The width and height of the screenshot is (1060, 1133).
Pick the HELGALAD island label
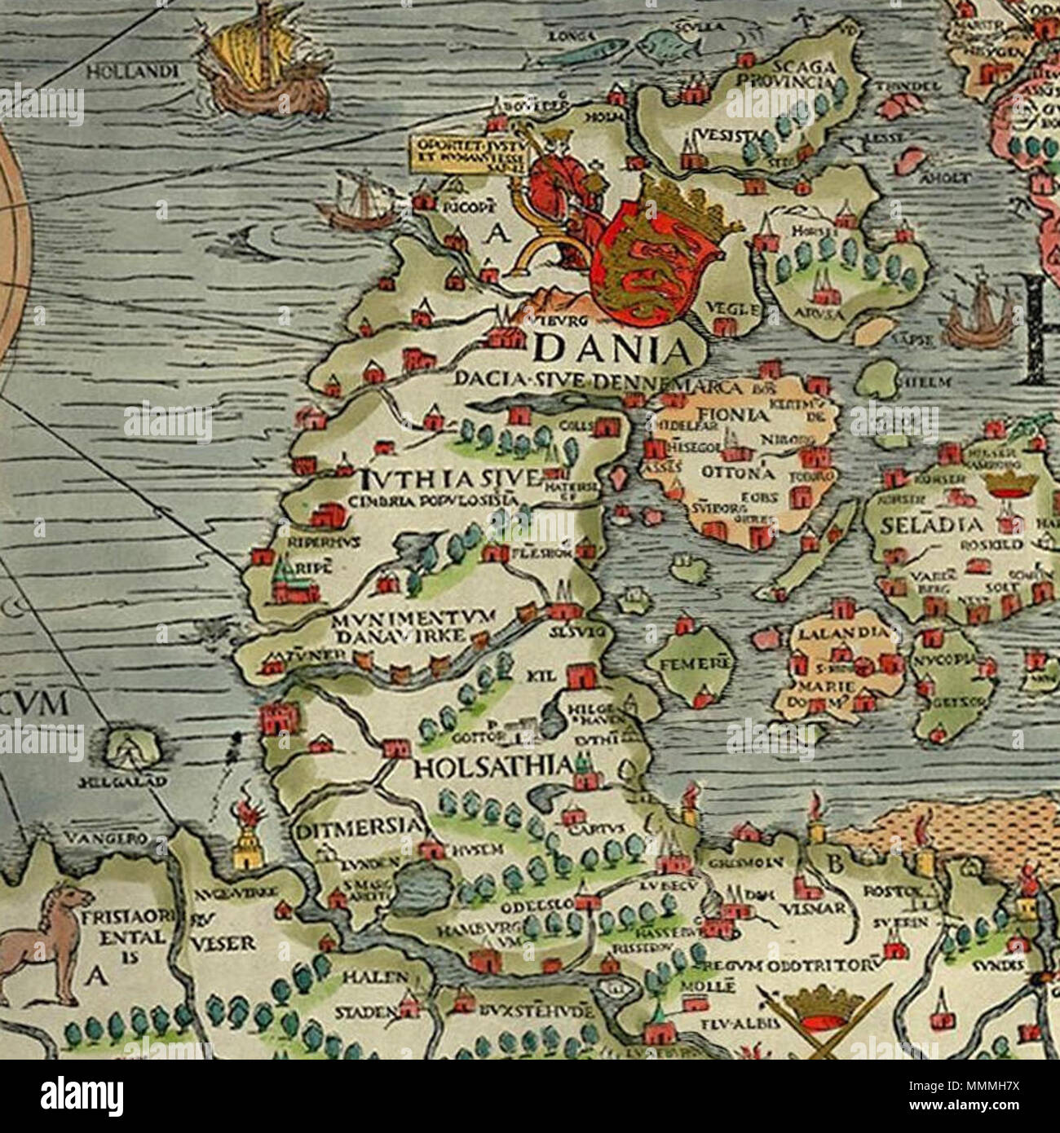click(131, 781)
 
